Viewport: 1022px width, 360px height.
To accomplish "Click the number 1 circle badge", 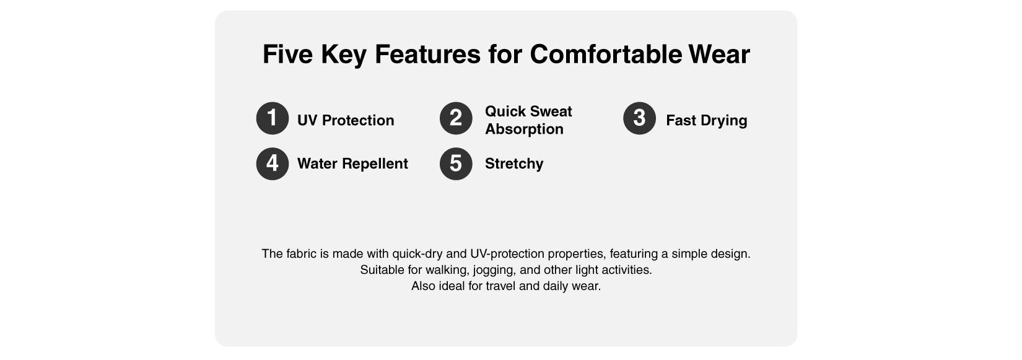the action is coord(273,118).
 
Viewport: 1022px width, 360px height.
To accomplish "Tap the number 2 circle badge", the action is coord(456,118).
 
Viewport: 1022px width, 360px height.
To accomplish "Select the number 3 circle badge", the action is coord(639,118).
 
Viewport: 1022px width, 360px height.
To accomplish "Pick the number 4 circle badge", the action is coord(273,164).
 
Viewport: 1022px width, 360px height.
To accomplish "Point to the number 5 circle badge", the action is coord(456,164).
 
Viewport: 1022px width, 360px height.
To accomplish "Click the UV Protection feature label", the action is coord(346,120).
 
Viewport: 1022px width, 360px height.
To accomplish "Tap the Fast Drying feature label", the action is coord(707,121).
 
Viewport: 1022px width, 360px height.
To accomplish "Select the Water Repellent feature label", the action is coord(352,164).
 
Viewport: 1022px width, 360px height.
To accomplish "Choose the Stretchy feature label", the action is coord(514,164).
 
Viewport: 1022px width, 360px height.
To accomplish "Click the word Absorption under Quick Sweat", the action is coord(524,130).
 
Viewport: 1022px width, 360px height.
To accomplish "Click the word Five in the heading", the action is coord(288,55).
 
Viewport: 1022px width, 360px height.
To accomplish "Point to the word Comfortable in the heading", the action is coord(606,55).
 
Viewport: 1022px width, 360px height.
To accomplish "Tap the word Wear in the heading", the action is coord(720,55).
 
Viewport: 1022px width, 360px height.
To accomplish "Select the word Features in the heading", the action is coord(427,55).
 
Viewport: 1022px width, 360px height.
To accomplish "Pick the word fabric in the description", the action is coord(301,253).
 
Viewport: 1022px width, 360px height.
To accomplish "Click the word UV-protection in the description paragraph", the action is coord(507,254).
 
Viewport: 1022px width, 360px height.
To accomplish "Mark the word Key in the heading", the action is coord(344,55).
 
